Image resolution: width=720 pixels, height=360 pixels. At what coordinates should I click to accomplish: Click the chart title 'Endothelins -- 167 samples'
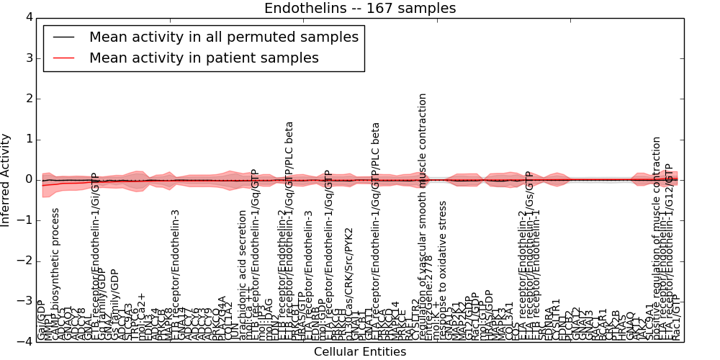pos(360,9)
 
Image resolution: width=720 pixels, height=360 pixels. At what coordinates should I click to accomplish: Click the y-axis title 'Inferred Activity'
pos(6,179)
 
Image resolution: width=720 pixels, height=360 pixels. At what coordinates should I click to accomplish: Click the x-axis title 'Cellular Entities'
pos(360,352)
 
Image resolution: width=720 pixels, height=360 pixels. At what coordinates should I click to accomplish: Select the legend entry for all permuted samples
pos(223,37)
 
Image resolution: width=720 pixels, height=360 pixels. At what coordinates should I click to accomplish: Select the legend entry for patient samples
pos(204,58)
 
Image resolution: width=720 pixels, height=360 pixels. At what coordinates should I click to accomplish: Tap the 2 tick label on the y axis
pos(28,99)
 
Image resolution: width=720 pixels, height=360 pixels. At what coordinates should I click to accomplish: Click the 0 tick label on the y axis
pos(28,179)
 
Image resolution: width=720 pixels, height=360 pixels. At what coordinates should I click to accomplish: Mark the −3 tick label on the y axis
pos(25,301)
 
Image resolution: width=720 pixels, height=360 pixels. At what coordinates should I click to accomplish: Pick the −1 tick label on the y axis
pos(25,220)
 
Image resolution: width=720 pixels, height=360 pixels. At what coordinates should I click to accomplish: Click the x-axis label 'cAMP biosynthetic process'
pos(55,274)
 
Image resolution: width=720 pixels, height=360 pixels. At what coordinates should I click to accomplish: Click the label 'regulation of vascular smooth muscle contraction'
pos(423,216)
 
